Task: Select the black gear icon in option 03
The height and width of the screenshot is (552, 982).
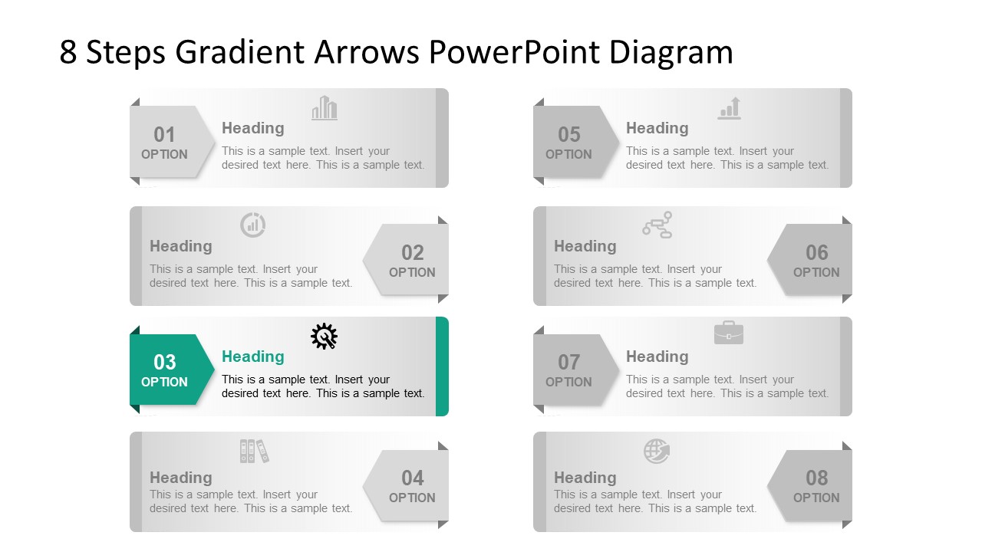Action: pos(324,337)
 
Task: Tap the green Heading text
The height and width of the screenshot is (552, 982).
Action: pos(252,356)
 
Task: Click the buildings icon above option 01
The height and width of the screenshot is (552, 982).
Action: pos(325,108)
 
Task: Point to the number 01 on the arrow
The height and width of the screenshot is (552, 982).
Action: pos(164,135)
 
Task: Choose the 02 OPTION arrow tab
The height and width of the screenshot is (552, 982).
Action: pos(410,260)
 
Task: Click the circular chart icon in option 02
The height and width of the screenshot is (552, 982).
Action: pos(252,225)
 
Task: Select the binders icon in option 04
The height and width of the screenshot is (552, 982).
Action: pos(254,451)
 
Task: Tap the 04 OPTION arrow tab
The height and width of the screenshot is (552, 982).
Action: pos(410,486)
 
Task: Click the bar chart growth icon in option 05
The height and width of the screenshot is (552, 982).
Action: pos(730,108)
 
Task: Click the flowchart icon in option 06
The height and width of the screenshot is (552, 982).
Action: pos(657,225)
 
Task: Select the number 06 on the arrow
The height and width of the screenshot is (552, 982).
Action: pos(816,252)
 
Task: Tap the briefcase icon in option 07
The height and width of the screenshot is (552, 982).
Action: pos(728,333)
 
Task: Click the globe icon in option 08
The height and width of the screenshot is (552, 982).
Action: pos(657,451)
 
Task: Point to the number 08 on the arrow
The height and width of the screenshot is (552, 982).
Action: pos(816,478)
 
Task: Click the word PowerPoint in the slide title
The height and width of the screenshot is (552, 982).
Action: pos(514,52)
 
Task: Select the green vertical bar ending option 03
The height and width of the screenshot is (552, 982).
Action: pos(442,366)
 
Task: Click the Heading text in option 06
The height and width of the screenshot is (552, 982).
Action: pos(585,246)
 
